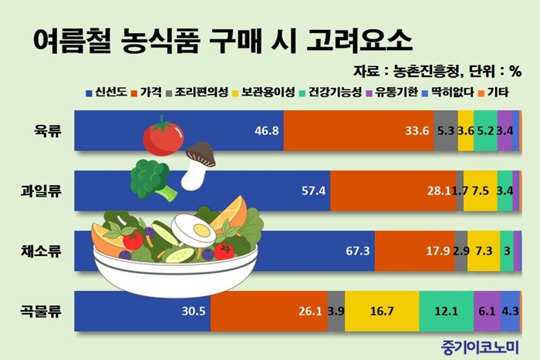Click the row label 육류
[48, 131]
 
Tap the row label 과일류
[41, 190]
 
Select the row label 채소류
[41, 251]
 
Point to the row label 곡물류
[41, 311]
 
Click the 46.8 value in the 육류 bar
[267, 131]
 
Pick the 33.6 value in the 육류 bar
[417, 131]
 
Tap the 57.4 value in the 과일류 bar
[313, 190]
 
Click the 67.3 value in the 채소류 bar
[357, 251]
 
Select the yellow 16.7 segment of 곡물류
[382, 311]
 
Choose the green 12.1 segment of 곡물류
[447, 311]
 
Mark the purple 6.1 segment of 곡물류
[488, 311]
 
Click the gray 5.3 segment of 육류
[446, 131]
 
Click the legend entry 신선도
[106, 93]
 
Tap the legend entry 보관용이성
[264, 93]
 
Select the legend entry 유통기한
[392, 93]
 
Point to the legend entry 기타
[494, 93]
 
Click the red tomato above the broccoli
[164, 136]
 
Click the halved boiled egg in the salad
[194, 229]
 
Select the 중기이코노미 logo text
[480, 347]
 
